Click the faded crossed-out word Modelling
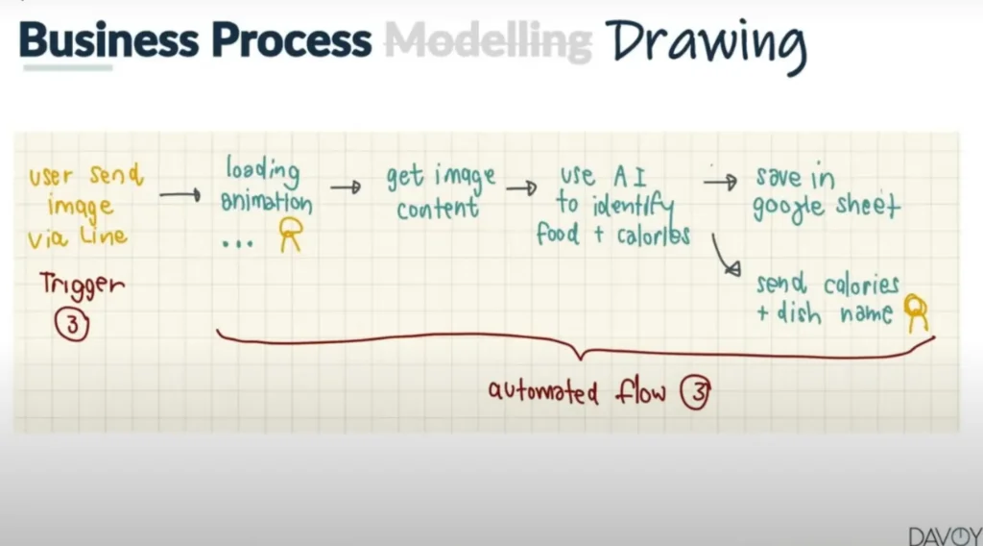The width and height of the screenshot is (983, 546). click(x=488, y=42)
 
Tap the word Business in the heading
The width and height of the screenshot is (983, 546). click(x=108, y=40)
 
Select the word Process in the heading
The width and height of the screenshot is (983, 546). click(x=291, y=40)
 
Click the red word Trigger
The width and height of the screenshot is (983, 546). click(x=83, y=285)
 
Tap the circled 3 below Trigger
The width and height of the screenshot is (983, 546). click(x=72, y=325)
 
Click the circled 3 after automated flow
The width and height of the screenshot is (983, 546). click(x=696, y=392)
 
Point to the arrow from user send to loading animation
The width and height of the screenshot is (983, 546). click(x=180, y=195)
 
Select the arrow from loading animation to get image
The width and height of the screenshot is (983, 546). click(x=346, y=187)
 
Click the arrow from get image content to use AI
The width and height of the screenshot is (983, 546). click(x=521, y=187)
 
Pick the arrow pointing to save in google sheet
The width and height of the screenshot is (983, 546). click(x=720, y=182)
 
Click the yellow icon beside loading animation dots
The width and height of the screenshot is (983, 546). click(x=291, y=235)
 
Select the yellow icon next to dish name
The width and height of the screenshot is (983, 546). click(x=916, y=312)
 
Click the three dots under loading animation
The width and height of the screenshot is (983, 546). click(x=238, y=243)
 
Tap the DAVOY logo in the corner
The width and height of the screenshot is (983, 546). click(x=946, y=536)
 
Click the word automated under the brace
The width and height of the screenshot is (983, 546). click(x=543, y=392)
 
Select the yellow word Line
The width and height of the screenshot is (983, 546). click(x=104, y=236)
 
